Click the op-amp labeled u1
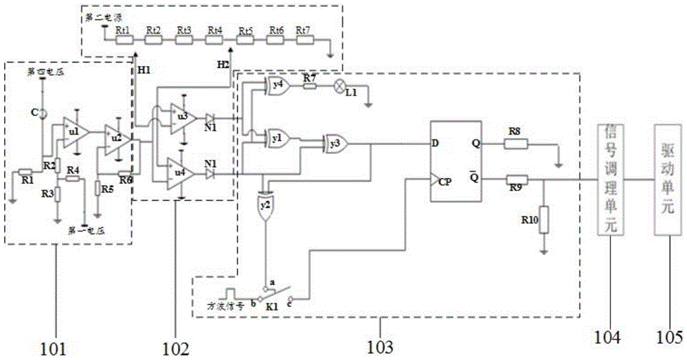tap(74, 129)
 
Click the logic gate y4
tap(278, 87)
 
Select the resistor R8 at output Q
tap(515, 144)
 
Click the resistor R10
tap(543, 221)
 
